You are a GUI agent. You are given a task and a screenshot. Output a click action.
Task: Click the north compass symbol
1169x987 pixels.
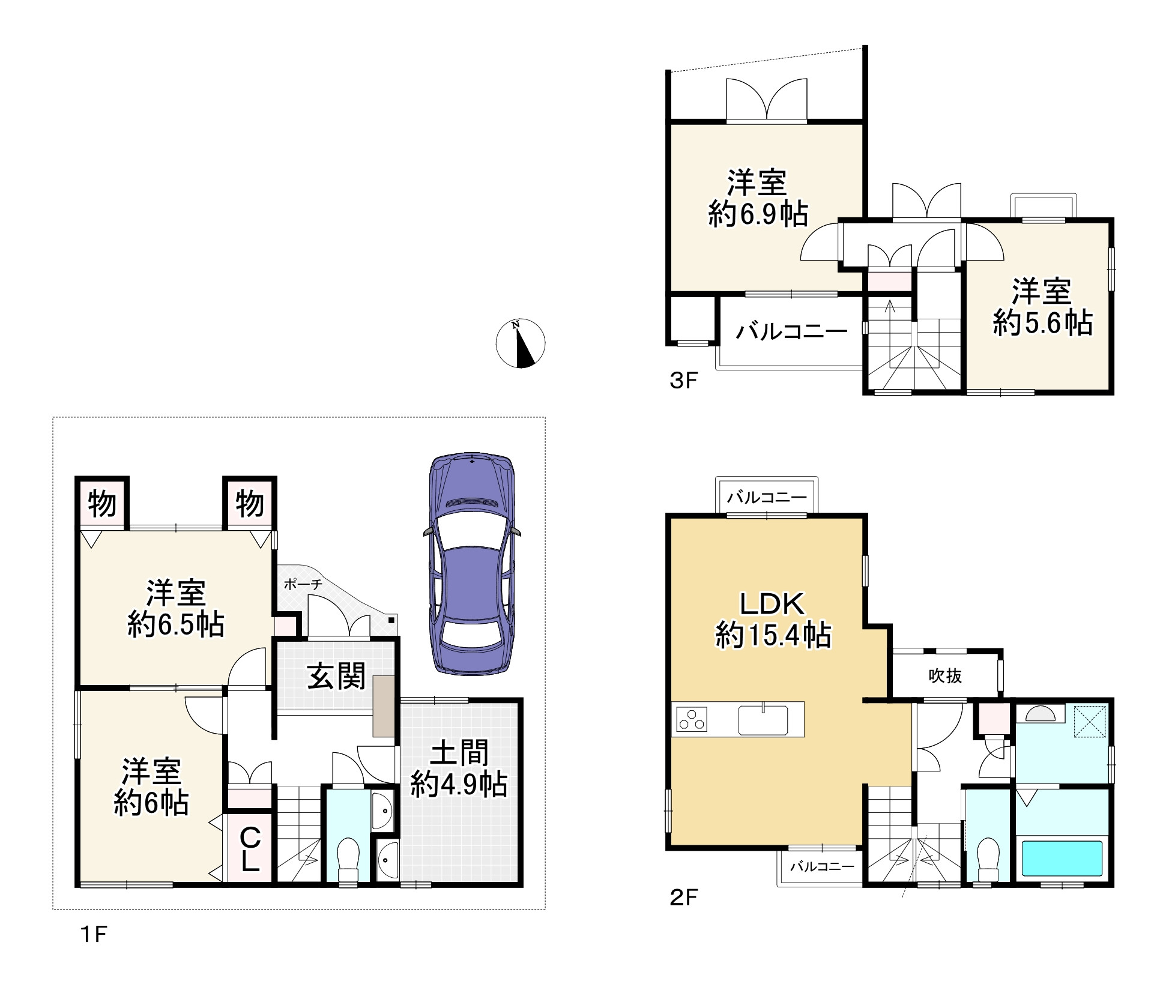520,343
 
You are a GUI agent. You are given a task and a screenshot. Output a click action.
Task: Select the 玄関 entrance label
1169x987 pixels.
336,677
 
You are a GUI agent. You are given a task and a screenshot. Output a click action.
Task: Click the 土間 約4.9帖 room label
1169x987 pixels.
459,768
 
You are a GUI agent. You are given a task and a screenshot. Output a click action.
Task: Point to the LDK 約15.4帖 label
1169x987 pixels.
773,619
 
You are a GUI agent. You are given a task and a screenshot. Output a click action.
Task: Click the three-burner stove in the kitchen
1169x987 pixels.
692,719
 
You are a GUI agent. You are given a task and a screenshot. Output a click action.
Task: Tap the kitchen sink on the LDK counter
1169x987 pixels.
763,719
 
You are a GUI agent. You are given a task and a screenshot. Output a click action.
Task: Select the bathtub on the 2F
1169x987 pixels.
1062,858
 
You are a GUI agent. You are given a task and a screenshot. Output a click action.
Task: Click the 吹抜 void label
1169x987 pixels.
945,676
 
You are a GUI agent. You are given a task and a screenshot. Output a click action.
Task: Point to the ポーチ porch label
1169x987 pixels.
303,584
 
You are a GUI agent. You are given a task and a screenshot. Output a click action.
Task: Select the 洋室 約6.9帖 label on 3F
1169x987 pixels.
758,198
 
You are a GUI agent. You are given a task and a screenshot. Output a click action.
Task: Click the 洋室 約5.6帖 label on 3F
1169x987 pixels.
1042,306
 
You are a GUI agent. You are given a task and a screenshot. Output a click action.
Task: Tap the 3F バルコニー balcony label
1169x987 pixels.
792,331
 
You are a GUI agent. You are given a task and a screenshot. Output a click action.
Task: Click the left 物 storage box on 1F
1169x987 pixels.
102,503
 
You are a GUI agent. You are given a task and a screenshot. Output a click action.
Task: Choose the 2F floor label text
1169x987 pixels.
684,914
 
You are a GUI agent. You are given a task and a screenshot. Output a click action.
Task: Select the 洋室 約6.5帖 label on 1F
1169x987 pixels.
176,608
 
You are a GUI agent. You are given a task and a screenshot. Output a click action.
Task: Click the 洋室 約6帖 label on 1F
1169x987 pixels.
151,786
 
